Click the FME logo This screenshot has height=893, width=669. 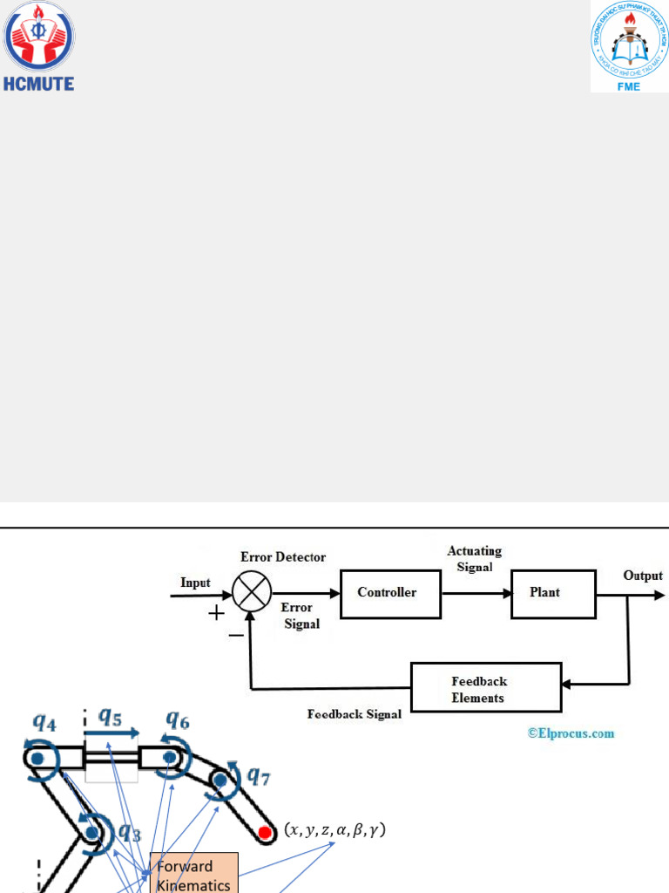click(629, 47)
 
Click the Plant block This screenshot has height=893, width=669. click(553, 593)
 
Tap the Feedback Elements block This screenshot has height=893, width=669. click(486, 689)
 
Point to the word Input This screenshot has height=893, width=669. click(195, 583)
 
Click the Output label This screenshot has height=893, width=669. click(643, 576)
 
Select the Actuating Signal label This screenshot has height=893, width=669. click(475, 559)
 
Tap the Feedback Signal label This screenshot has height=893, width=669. click(355, 714)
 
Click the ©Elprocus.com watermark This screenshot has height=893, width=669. click(571, 733)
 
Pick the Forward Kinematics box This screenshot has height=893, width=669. click(193, 874)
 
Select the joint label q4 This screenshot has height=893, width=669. click(45, 722)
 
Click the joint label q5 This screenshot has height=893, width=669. click(110, 719)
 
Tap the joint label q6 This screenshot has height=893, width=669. click(179, 719)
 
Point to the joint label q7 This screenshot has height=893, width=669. click(259, 774)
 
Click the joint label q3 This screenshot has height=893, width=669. click(130, 831)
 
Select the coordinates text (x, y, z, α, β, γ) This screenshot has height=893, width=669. click(335, 830)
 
